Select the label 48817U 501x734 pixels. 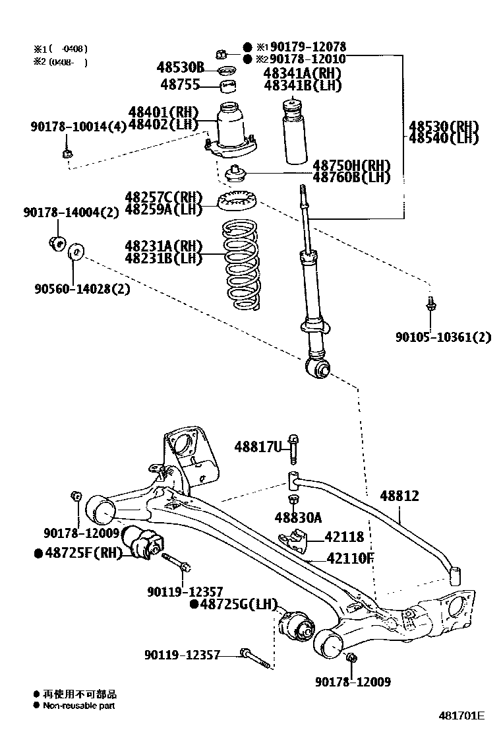(258, 448)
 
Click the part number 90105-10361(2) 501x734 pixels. (444, 337)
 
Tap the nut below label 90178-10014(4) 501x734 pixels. (67, 154)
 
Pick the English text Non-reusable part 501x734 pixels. (79, 706)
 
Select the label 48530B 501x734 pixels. (180, 67)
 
